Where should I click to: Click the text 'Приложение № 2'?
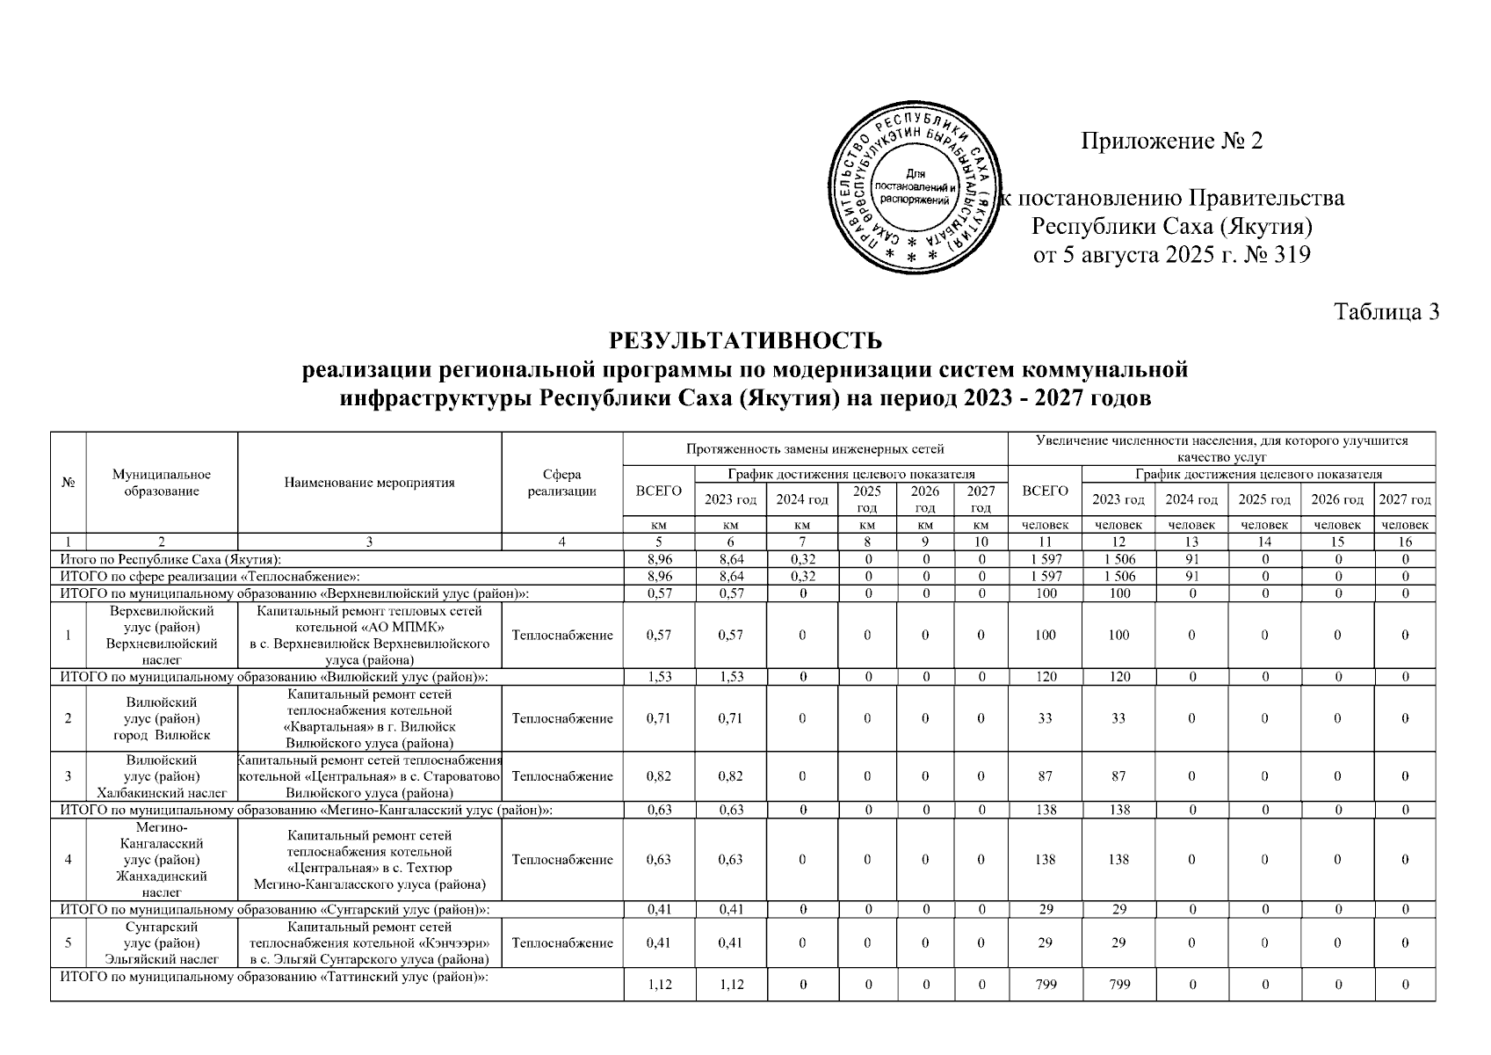(x=1171, y=142)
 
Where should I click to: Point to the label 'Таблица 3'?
(x=1386, y=312)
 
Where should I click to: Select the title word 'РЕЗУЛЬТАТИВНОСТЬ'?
(x=745, y=340)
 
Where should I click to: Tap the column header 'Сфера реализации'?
(x=562, y=483)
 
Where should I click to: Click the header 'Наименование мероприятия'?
(x=370, y=483)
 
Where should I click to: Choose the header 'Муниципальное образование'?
(x=162, y=483)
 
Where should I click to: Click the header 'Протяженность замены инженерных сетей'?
(x=815, y=449)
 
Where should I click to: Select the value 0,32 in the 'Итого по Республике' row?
(x=803, y=559)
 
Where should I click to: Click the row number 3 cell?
(x=69, y=776)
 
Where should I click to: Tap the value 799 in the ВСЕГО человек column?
(x=1045, y=985)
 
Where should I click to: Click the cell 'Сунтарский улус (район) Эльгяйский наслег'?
(x=162, y=942)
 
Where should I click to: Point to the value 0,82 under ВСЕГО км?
(x=659, y=776)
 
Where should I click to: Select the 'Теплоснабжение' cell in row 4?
(x=562, y=860)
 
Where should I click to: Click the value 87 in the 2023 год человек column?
(x=1118, y=776)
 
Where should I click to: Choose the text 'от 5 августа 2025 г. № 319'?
(x=1171, y=256)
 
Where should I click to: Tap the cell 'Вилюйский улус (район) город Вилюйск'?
(x=162, y=718)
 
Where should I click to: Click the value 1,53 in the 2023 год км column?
(x=731, y=677)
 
